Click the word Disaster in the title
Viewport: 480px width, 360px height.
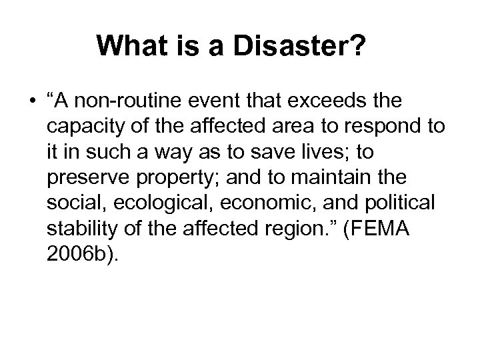click(312, 47)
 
